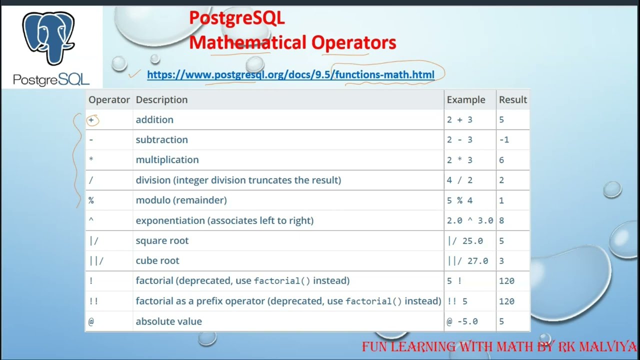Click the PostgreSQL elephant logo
pyautogui.click(x=48, y=38)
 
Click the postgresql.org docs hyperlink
pyautogui.click(x=290, y=74)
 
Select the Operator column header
pyautogui.click(x=109, y=99)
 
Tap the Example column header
pyautogui.click(x=466, y=99)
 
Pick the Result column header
pyautogui.click(x=513, y=99)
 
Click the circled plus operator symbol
pyautogui.click(x=91, y=120)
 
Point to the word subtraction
pyautogui.click(x=161, y=139)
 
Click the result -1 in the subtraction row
pyautogui.click(x=504, y=139)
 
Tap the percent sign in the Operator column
pyautogui.click(x=91, y=200)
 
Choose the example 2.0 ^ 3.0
pyautogui.click(x=470, y=220)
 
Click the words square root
pyautogui.click(x=162, y=241)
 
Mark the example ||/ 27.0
pyautogui.click(x=467, y=261)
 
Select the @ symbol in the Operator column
pyautogui.click(x=91, y=321)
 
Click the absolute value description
pyautogui.click(x=169, y=321)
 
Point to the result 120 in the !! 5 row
pyautogui.click(x=506, y=301)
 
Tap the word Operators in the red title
pyautogui.click(x=353, y=42)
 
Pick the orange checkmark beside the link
pyautogui.click(x=134, y=73)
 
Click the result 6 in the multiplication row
pyautogui.click(x=501, y=160)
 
